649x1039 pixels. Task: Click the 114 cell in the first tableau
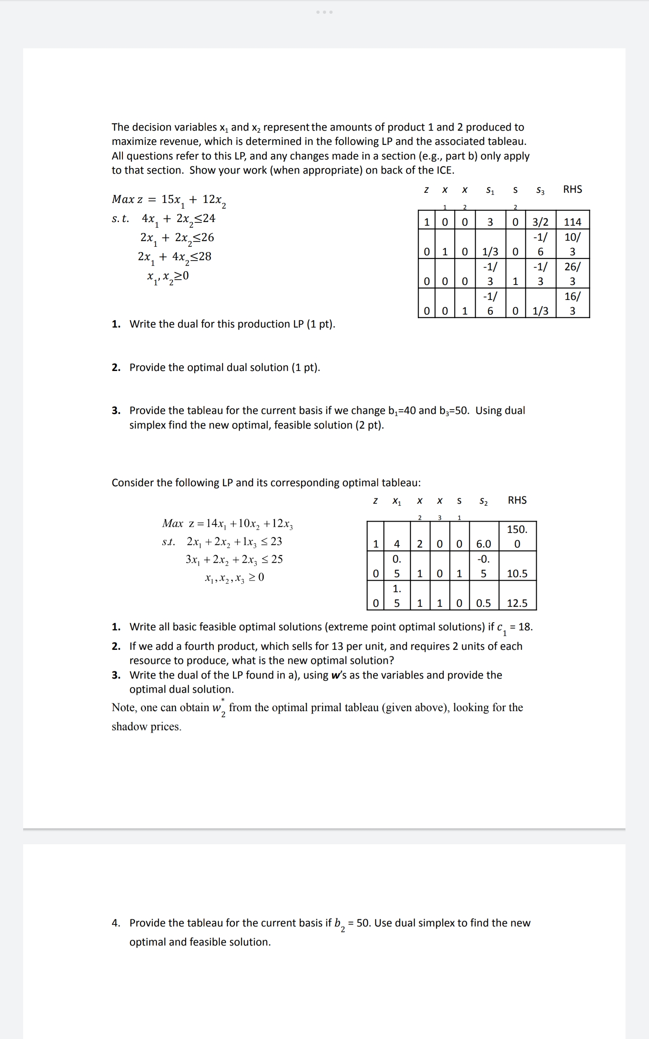tap(572, 222)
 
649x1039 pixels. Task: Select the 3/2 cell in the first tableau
tap(540, 222)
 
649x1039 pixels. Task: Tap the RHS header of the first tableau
tap(572, 190)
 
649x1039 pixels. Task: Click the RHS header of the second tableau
tap(517, 500)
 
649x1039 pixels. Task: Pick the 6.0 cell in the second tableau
tap(484, 544)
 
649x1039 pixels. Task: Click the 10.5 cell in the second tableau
tap(517, 573)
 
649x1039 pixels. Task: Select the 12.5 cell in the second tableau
tap(517, 603)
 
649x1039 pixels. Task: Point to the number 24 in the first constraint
tap(209, 218)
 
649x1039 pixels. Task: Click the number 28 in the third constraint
tap(205, 257)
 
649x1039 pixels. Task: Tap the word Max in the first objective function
tap(122, 199)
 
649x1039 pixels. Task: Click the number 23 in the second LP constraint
tap(276, 541)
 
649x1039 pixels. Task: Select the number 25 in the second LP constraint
tap(277, 559)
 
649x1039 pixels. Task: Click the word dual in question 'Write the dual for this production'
tap(188, 324)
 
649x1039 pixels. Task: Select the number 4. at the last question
tap(116, 923)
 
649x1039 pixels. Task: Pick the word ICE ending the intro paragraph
tap(444, 170)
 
